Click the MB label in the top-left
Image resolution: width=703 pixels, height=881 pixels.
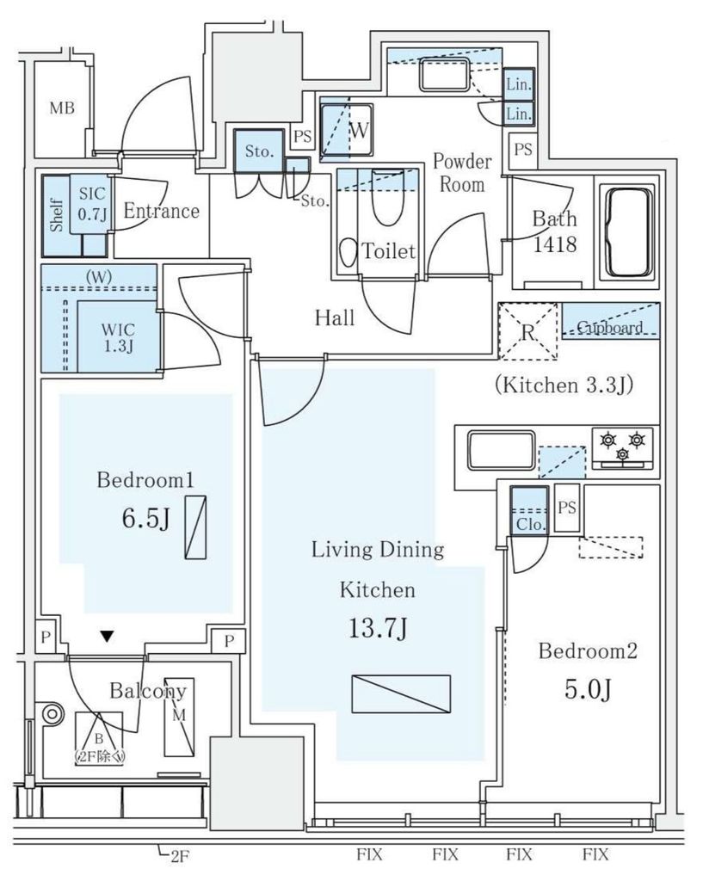click(x=61, y=108)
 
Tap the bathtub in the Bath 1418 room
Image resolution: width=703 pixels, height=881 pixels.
click(x=630, y=232)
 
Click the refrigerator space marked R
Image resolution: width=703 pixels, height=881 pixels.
click(x=528, y=332)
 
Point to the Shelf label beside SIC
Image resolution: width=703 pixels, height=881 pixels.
click(x=57, y=214)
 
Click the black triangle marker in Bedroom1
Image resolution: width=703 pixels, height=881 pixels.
click(x=106, y=637)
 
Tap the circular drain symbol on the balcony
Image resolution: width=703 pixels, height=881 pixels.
click(x=52, y=713)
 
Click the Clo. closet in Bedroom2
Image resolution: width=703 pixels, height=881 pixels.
click(x=527, y=510)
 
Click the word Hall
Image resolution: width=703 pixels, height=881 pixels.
click(x=335, y=318)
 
